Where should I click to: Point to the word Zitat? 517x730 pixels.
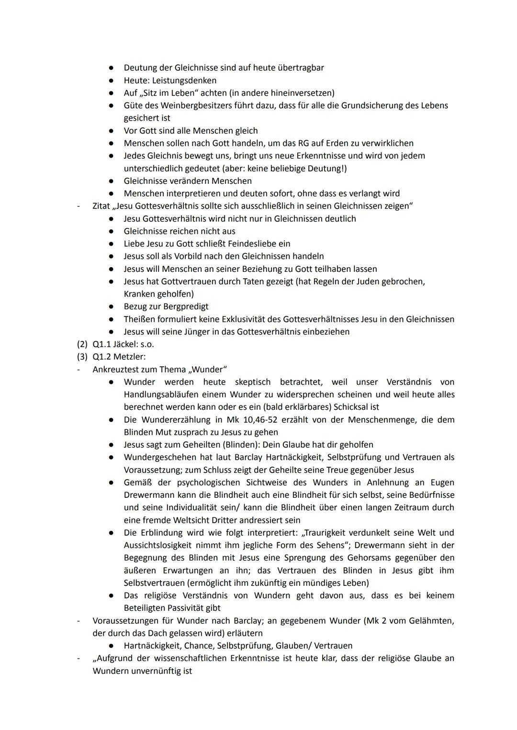(x=102, y=206)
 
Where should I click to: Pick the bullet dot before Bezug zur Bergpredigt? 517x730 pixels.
(x=111, y=306)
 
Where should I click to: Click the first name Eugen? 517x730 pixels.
(x=442, y=483)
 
